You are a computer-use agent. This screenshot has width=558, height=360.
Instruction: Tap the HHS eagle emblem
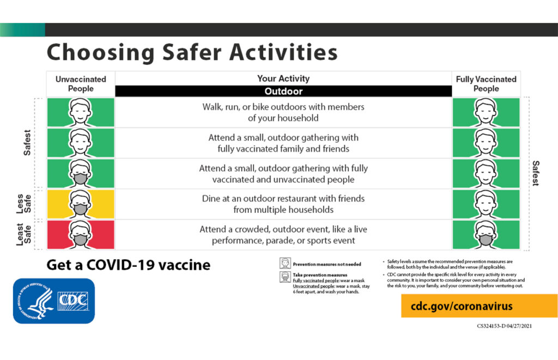(x=37, y=301)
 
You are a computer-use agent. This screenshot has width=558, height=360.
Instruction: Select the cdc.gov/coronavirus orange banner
(x=479, y=306)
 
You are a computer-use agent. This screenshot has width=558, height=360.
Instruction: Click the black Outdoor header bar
(x=283, y=91)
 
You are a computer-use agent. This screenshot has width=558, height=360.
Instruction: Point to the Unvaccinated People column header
(x=81, y=84)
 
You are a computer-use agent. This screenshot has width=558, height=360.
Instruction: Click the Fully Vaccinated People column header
(x=486, y=84)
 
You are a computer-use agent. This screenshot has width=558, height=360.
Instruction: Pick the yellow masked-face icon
(x=81, y=204)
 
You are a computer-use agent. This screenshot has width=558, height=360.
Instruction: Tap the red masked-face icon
(x=81, y=235)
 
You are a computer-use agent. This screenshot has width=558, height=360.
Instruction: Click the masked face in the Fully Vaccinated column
(x=486, y=235)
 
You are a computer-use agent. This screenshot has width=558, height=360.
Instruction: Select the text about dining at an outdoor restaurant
(x=283, y=204)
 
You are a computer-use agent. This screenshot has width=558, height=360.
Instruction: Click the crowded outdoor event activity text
(x=283, y=235)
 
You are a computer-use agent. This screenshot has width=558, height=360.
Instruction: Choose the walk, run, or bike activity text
(x=283, y=113)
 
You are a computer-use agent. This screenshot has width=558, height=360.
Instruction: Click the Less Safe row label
(x=23, y=204)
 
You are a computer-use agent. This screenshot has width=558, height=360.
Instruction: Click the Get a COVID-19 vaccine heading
(x=128, y=265)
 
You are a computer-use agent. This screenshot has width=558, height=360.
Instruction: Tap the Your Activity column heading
(x=283, y=79)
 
